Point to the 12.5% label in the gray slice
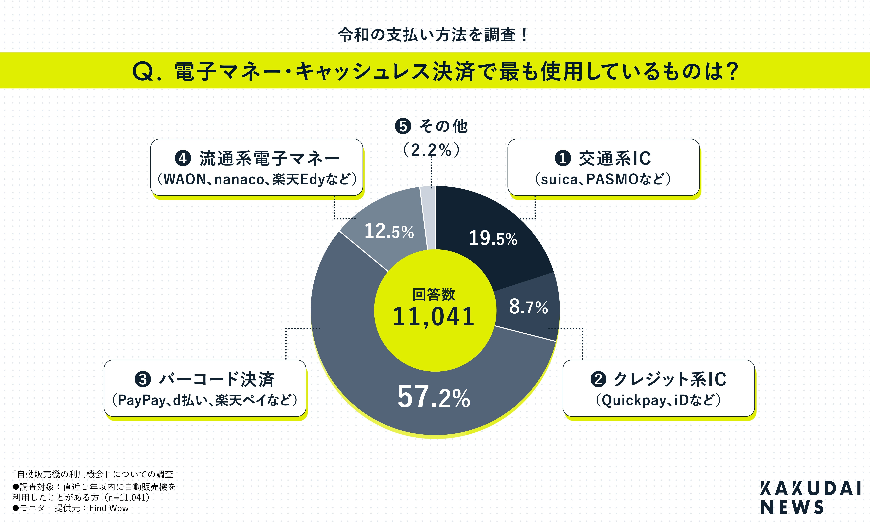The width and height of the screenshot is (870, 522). [x=389, y=231]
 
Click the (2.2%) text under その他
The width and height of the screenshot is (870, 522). [x=431, y=150]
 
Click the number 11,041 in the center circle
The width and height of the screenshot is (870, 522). [x=434, y=317]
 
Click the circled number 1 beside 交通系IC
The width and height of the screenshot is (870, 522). [x=563, y=158]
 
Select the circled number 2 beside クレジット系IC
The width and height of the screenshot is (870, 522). [x=598, y=379]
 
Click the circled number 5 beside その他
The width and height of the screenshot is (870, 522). [x=403, y=126]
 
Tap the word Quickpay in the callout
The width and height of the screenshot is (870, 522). [x=629, y=400]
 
